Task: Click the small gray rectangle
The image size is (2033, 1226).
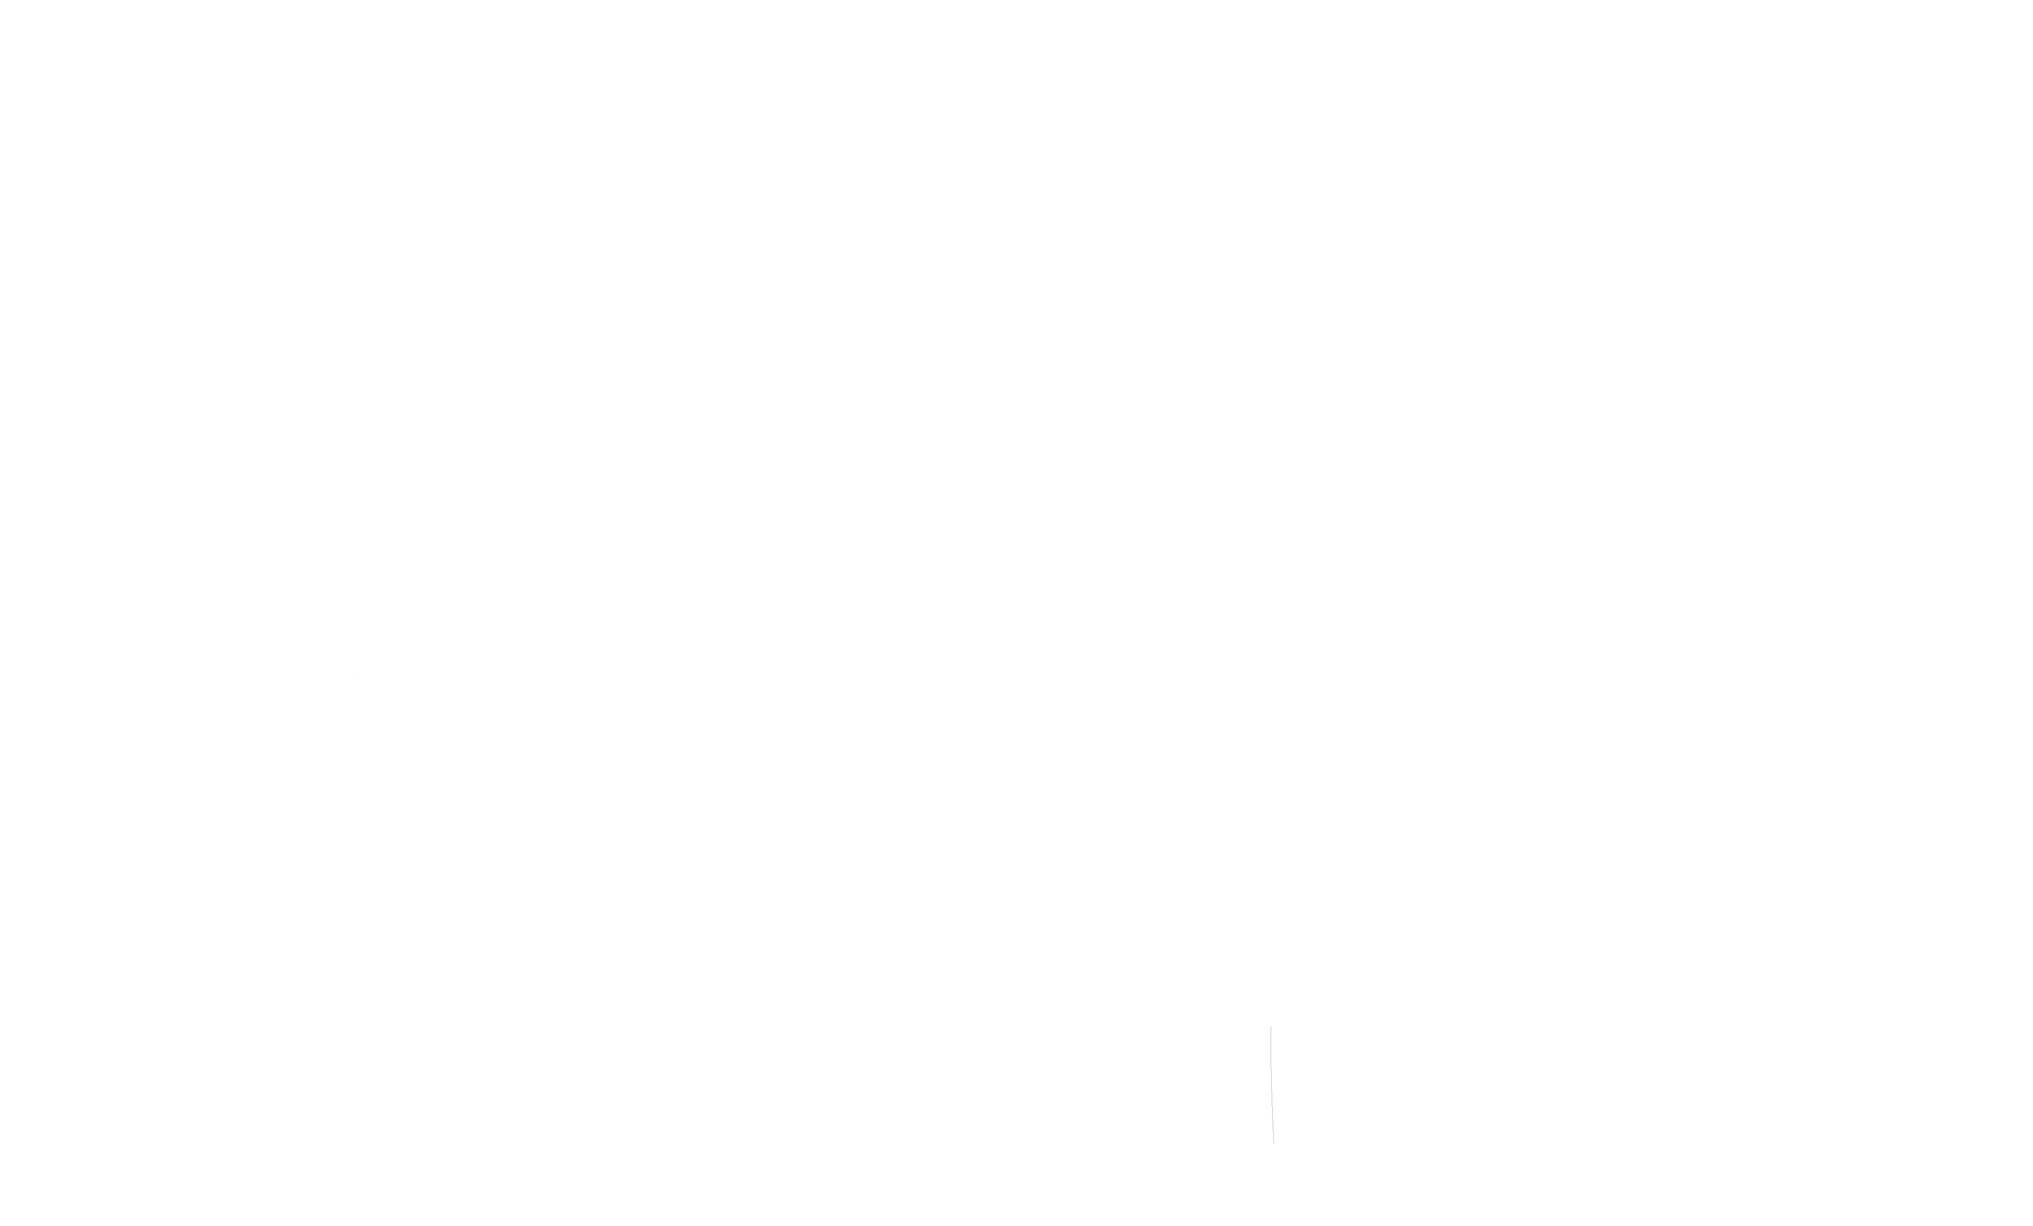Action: [x=374, y=705]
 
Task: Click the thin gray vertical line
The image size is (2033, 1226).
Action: [x=1272, y=1085]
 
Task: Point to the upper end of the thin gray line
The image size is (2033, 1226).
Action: [x=1271, y=1027]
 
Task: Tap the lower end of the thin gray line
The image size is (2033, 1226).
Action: [x=1274, y=1143]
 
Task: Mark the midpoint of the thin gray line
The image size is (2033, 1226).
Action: [x=1272, y=1085]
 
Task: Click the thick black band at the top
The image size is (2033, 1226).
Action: [x=1016, y=47]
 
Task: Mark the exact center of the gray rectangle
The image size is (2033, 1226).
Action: [x=374, y=705]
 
